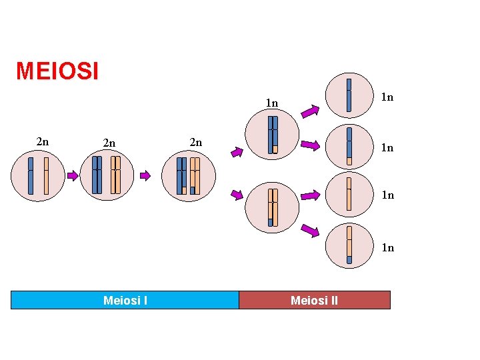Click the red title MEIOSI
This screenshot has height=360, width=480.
(57, 71)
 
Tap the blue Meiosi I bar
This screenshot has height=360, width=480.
(125, 301)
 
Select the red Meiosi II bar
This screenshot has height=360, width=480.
(314, 301)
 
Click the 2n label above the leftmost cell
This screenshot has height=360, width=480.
(42, 141)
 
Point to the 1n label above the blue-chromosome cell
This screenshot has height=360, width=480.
(271, 103)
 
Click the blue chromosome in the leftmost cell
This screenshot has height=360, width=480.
(31, 175)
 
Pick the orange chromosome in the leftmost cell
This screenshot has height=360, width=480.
(46, 175)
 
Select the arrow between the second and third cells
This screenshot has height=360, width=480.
(145, 176)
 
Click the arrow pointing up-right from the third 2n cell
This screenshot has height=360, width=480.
(237, 152)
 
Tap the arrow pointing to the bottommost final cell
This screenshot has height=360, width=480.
(310, 231)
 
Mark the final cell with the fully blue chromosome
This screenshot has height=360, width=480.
(349, 95)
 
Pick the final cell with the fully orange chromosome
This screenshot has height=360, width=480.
(349, 194)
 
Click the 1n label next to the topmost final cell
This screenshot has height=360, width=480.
(387, 97)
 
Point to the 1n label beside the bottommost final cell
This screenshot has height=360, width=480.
(387, 248)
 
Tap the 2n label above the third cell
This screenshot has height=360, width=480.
(195, 142)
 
